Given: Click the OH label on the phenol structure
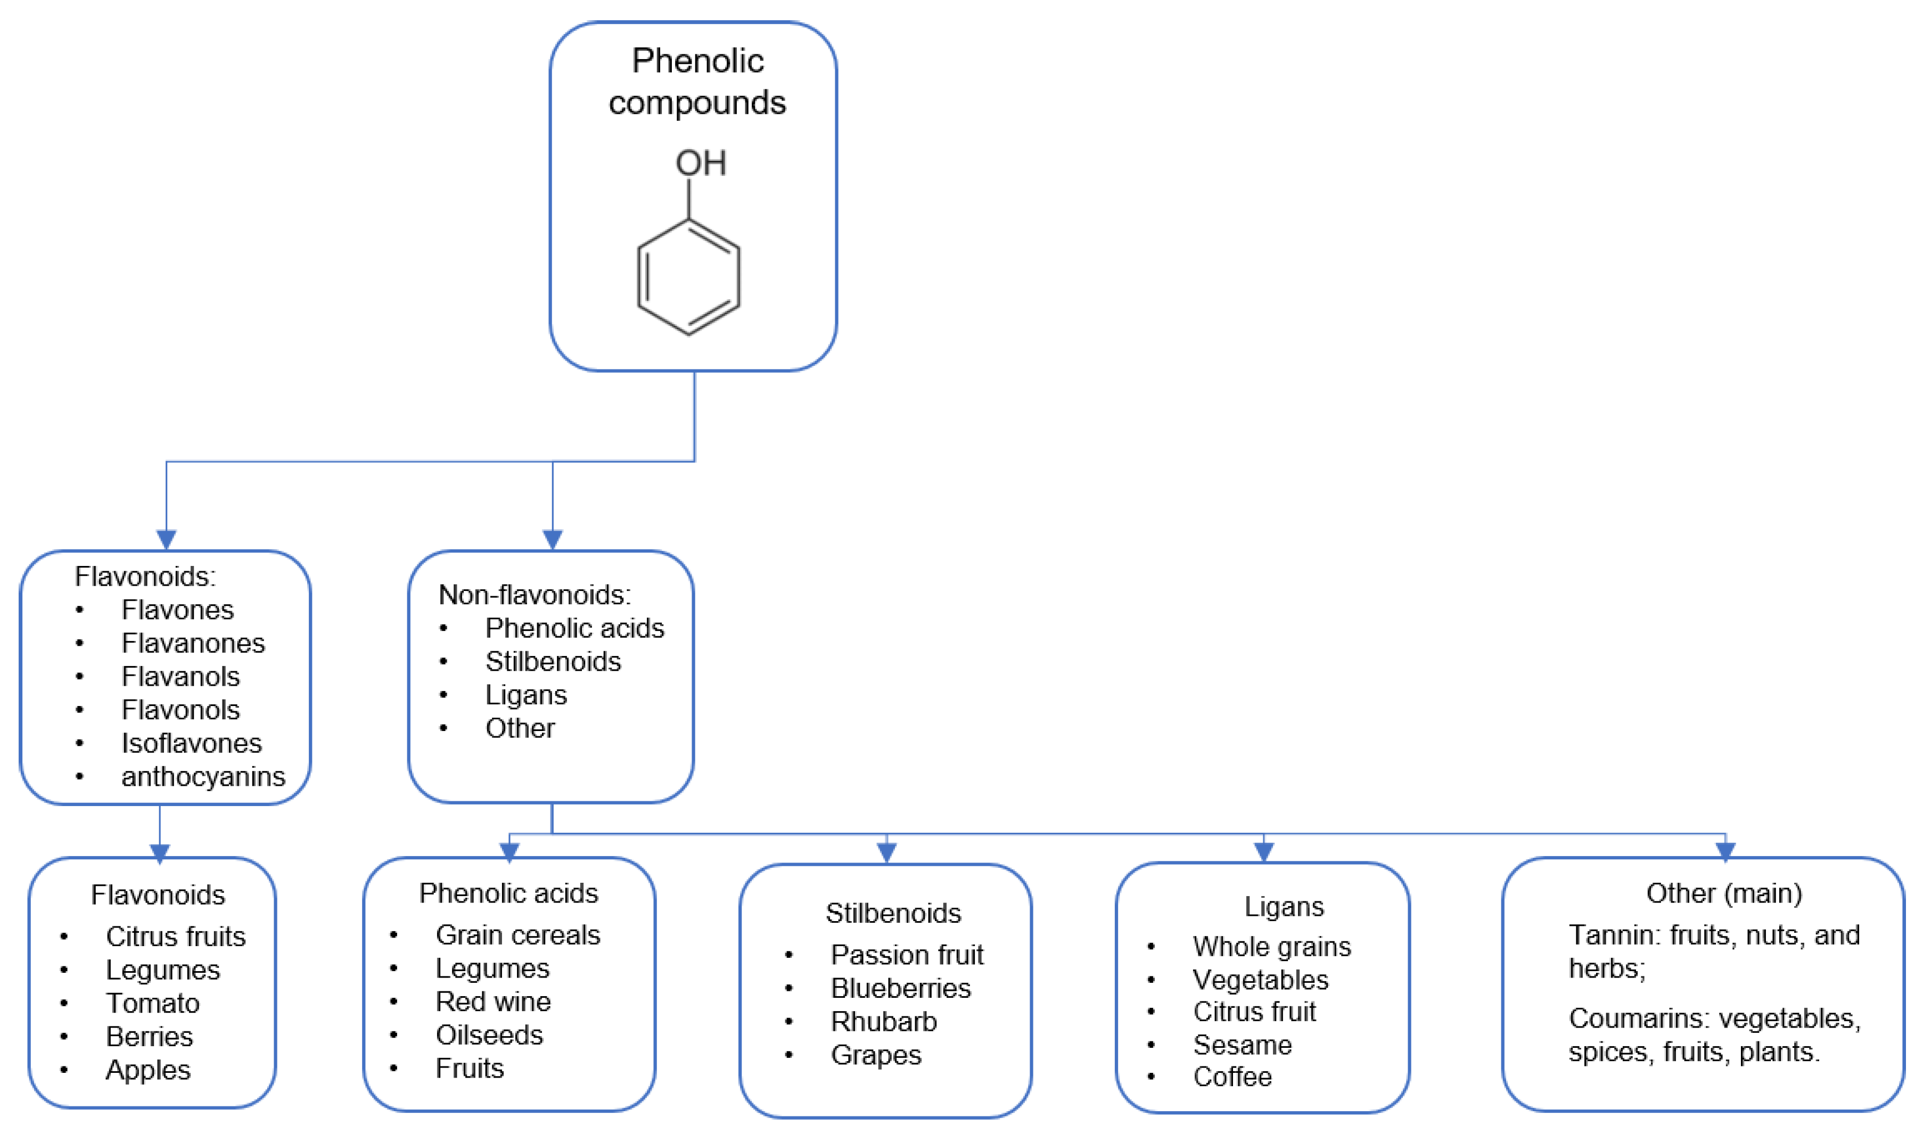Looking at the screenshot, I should [x=700, y=162].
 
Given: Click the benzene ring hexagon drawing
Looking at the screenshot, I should [x=688, y=277].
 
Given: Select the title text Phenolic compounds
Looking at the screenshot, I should [x=697, y=81].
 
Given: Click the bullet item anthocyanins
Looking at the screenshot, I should [x=202, y=776].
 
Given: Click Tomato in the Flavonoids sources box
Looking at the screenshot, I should [x=153, y=1003].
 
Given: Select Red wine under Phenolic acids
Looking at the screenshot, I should [x=492, y=1001].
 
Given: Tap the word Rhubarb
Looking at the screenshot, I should [x=883, y=1022].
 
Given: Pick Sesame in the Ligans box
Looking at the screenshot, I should [x=1242, y=1045].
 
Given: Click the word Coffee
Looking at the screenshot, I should [x=1232, y=1077].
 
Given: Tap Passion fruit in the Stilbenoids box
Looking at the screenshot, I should [x=907, y=954].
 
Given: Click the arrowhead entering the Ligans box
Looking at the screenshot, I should [x=1263, y=851].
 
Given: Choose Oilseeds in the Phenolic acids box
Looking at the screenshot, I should [x=489, y=1035].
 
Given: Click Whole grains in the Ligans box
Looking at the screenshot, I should [x=1272, y=947].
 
